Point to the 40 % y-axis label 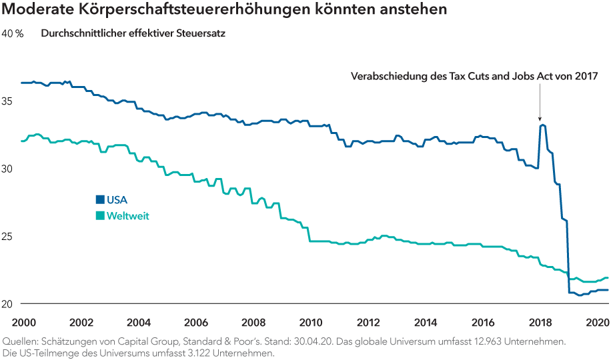13,33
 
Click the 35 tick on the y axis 10,101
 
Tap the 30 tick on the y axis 10,169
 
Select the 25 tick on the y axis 10,237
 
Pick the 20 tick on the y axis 10,305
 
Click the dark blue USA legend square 100,199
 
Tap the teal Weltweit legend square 100,215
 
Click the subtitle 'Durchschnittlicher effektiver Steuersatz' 133,33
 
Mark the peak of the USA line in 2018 542,125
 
